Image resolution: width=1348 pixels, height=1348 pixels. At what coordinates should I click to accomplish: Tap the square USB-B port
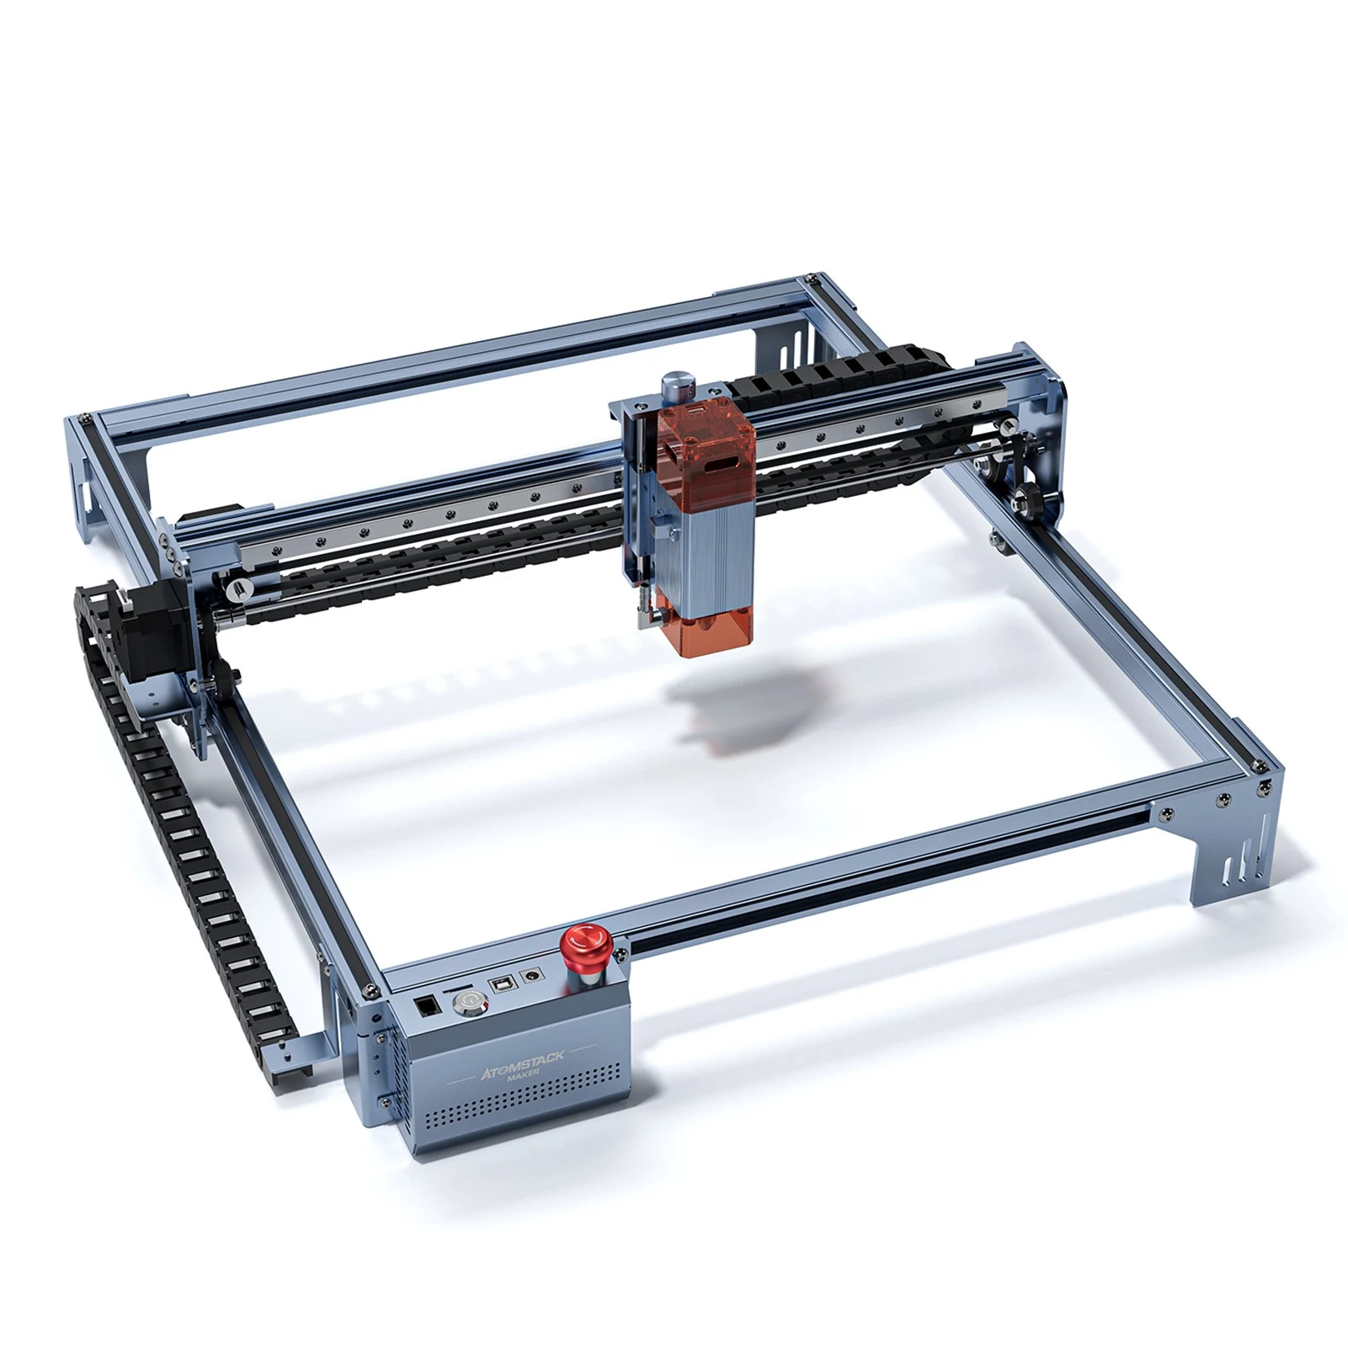point(504,986)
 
